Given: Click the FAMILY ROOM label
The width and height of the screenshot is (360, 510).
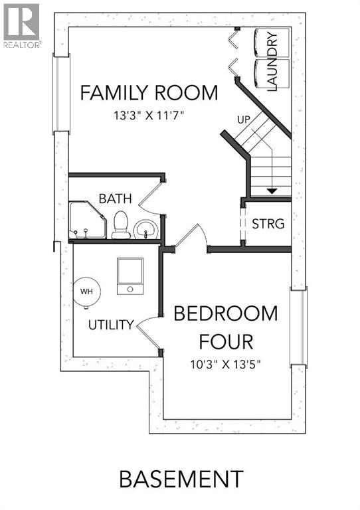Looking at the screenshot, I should [149, 93].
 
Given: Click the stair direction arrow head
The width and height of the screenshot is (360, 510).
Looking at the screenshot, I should [272, 191].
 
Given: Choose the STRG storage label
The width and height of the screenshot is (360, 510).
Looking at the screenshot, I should [268, 224].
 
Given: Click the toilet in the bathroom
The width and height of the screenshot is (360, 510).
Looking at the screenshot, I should [121, 224].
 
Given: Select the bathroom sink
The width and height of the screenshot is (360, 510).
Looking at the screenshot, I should [145, 229].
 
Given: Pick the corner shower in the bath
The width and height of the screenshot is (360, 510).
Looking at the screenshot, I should [86, 220].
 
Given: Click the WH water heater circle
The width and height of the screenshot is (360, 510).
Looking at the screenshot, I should [87, 292].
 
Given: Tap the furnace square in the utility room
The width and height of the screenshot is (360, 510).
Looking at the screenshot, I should [130, 275].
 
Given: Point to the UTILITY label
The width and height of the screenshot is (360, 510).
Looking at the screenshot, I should [112, 325].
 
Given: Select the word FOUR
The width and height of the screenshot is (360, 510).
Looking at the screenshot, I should [226, 342].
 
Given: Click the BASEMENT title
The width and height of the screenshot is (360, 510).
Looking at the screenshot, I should [181, 479].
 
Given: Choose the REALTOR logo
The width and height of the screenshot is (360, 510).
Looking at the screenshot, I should [21, 25].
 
